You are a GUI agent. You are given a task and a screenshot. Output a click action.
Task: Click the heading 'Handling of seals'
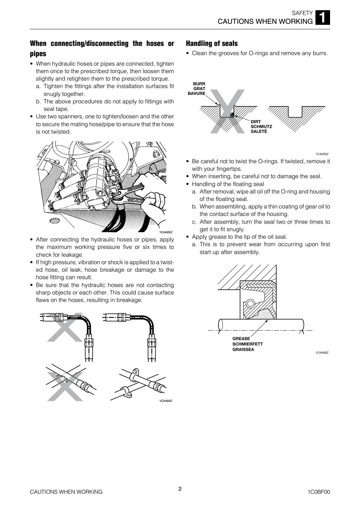pyautogui.click(x=212, y=44)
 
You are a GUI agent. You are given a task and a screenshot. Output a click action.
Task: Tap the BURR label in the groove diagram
pyautogui.click(x=199, y=84)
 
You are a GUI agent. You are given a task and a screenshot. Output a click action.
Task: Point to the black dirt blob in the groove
pyautogui.click(x=232, y=115)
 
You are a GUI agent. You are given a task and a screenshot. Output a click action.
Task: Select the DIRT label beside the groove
pyautogui.click(x=256, y=121)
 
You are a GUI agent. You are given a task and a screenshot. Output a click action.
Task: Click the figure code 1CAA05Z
pyautogui.click(x=322, y=154)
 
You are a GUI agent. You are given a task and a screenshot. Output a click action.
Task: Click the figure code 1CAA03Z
pyautogui.click(x=166, y=232)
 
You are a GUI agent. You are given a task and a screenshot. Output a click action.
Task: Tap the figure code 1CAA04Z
pyautogui.click(x=166, y=401)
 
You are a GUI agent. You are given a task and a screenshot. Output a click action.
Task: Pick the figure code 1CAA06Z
pyautogui.click(x=322, y=353)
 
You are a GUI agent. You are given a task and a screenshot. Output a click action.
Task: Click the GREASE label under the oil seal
pyautogui.click(x=241, y=339)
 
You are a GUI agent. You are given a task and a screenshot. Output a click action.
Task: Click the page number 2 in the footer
pyautogui.click(x=180, y=489)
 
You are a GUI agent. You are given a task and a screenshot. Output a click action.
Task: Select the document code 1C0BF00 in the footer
pyautogui.click(x=318, y=492)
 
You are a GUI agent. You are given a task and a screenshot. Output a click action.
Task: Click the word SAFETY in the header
pyautogui.click(x=302, y=13)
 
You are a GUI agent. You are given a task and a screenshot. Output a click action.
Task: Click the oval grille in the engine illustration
pyautogui.click(x=54, y=221)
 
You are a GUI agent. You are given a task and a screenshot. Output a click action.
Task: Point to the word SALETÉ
pyautogui.click(x=259, y=131)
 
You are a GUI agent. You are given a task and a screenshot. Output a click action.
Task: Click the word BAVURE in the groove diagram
pyautogui.click(x=196, y=93)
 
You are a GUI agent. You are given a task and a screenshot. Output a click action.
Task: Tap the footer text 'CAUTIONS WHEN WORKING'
pyautogui.click(x=66, y=492)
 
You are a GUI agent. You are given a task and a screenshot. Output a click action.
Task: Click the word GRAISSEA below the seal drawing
pyautogui.click(x=243, y=349)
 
